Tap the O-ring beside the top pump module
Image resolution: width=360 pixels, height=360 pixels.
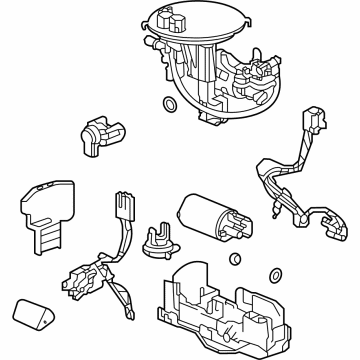click(x=169, y=103)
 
